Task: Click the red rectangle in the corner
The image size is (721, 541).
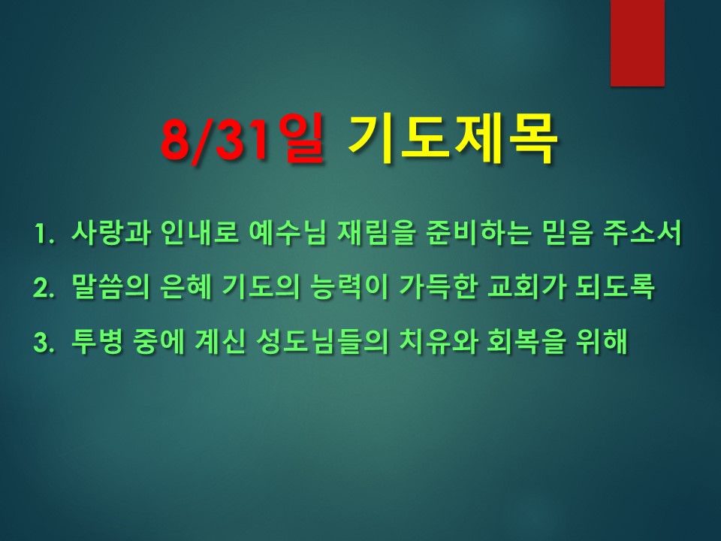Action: [638, 43]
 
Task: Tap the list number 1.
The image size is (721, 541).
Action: [44, 234]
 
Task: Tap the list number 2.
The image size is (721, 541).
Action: [44, 289]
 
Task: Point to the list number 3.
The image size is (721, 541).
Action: [44, 343]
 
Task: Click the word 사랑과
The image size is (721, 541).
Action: [110, 233]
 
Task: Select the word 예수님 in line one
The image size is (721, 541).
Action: [287, 233]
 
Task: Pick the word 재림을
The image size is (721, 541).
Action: [376, 233]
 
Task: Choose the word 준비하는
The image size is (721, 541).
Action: [478, 233]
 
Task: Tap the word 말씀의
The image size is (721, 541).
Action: [110, 287]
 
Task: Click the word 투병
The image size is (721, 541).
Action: [97, 342]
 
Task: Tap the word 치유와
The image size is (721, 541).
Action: [437, 342]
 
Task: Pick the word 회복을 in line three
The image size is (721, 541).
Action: [526, 342]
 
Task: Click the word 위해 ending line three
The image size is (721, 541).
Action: [601, 342]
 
